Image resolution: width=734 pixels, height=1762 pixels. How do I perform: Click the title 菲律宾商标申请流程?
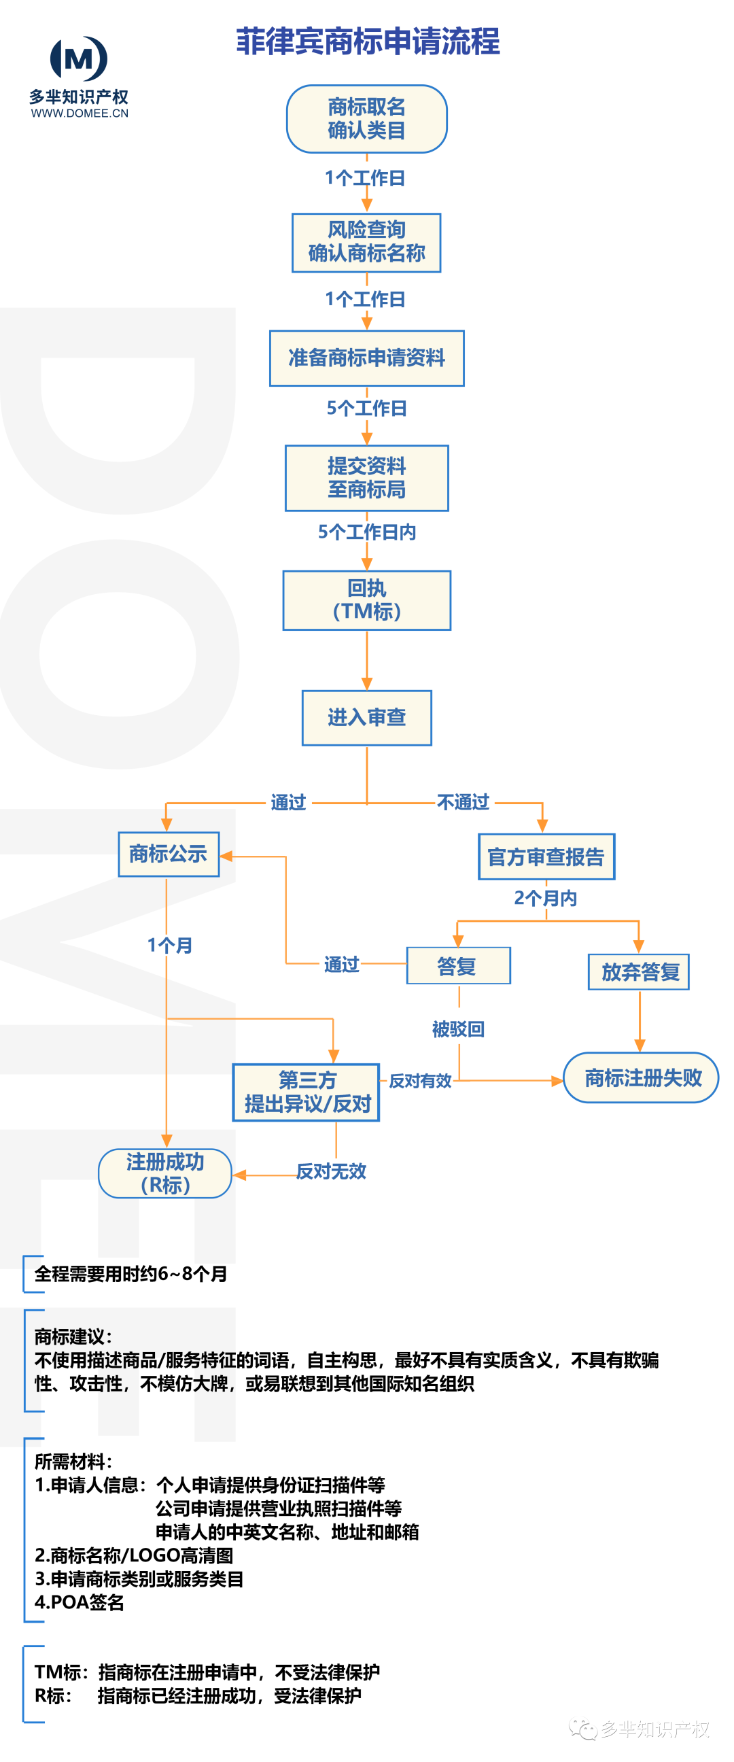[x=368, y=41]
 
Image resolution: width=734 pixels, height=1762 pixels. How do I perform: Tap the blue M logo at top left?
[x=79, y=58]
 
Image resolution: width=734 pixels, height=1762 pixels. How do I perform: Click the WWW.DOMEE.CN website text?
[x=80, y=114]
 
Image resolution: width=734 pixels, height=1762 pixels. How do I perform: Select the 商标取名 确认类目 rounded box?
[x=366, y=118]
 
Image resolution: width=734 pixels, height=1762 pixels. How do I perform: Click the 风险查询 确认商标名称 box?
[x=366, y=242]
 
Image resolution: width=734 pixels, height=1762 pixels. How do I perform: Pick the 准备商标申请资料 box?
[x=366, y=358]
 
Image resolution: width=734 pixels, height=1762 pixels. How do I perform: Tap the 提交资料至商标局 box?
[x=366, y=477]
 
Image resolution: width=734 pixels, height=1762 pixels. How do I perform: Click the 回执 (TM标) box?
[x=366, y=600]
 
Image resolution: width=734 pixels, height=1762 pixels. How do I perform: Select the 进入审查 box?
[x=366, y=717]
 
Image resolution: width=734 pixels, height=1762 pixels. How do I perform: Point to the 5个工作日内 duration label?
[x=366, y=532]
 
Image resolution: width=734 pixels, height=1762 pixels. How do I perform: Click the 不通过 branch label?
[x=463, y=801]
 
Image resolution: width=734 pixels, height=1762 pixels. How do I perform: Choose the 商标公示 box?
[x=169, y=854]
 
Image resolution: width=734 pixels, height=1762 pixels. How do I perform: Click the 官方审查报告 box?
[x=546, y=857]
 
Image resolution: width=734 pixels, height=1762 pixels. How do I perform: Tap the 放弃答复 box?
[x=639, y=971]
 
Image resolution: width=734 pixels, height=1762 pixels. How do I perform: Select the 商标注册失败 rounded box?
[x=641, y=1077]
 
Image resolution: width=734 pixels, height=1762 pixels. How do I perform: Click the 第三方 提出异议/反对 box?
[x=307, y=1092]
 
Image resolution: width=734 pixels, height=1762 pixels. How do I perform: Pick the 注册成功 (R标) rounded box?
[x=165, y=1173]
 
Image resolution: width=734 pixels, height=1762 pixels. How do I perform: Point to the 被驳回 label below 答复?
[x=458, y=1029]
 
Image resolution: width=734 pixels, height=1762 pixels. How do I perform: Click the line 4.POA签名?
[x=80, y=1603]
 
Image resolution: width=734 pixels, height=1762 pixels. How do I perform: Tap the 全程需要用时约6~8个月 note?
[x=130, y=1274]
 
